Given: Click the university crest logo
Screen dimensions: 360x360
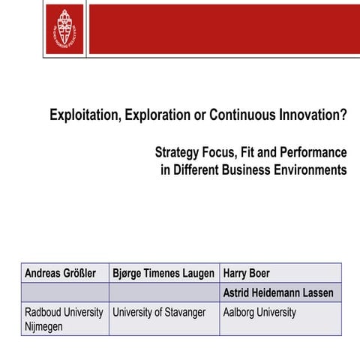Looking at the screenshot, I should point(64,28).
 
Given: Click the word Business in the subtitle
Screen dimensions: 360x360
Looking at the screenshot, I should point(233,169).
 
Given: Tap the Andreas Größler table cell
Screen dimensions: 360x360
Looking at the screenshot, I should point(64,273).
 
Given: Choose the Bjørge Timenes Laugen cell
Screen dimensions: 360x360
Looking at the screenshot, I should point(163,273).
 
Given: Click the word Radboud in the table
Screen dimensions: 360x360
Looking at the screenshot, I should point(43,312).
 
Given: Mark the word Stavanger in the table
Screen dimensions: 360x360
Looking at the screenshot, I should point(180,312).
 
